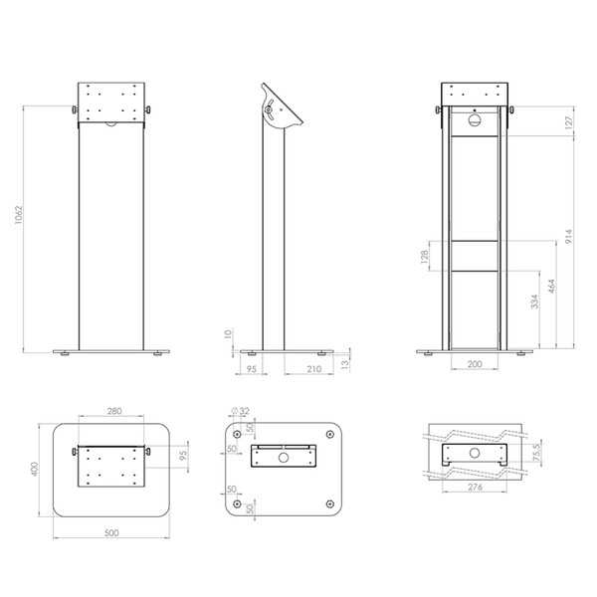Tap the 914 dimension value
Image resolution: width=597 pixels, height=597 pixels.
(x=568, y=237)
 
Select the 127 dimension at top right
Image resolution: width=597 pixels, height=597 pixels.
(x=568, y=123)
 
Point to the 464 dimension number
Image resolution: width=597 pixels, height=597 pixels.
(x=551, y=287)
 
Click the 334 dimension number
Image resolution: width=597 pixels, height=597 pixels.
(x=534, y=301)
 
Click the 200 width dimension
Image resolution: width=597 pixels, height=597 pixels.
(x=475, y=364)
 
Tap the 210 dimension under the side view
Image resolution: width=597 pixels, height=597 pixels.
(x=313, y=369)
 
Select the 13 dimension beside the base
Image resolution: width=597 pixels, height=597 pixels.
(x=344, y=364)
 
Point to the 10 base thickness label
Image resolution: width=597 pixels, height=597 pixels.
(x=228, y=334)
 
